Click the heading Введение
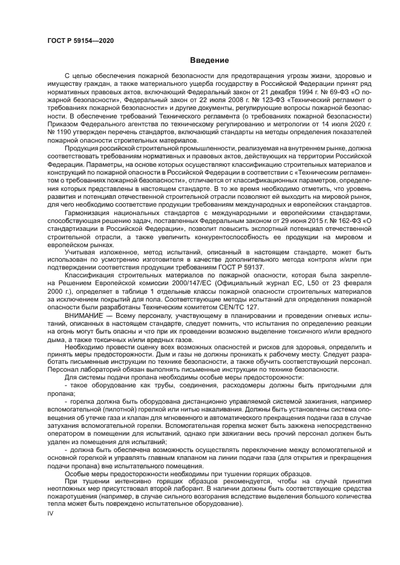click(209, 60)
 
